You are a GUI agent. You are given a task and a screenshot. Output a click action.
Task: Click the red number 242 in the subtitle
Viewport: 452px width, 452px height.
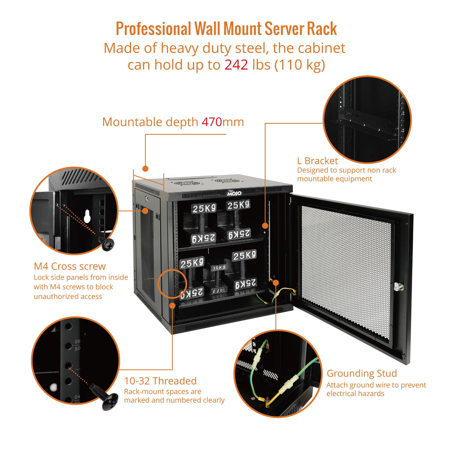click(236, 65)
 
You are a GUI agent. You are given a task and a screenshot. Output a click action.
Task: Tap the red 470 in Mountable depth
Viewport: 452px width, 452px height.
click(212, 122)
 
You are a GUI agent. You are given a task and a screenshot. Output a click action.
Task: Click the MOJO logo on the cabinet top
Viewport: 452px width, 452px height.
click(234, 193)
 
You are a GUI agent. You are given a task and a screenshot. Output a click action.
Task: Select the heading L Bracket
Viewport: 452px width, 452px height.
click(317, 161)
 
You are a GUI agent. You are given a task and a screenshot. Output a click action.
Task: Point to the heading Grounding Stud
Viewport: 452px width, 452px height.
click(362, 373)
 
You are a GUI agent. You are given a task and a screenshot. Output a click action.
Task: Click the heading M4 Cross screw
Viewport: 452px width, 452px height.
click(69, 266)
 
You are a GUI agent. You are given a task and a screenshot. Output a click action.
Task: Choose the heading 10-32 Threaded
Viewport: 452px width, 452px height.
click(160, 381)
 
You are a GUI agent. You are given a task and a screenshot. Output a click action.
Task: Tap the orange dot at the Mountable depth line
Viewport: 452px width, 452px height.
click(145, 169)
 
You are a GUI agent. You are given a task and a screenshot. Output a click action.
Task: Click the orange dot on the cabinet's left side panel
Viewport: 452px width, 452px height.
click(145, 210)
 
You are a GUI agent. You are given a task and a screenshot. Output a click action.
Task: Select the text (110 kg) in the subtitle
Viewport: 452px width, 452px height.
click(299, 65)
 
